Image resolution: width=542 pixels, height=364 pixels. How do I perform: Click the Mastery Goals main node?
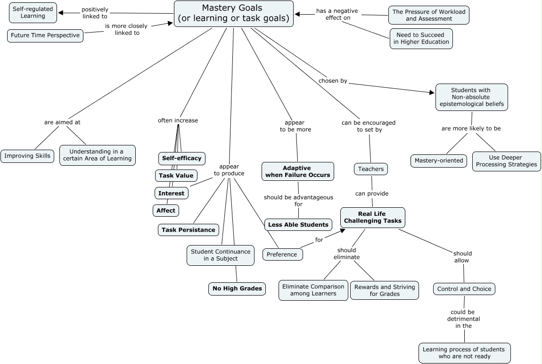tap(234, 14)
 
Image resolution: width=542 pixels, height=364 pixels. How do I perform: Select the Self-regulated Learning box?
tap(33, 13)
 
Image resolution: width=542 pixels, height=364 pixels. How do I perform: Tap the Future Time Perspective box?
tap(45, 35)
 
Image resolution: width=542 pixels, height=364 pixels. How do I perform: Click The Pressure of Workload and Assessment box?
tap(428, 15)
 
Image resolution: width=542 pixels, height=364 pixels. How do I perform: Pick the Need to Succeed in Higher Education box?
tap(421, 38)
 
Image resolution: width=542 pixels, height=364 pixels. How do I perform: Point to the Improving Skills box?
tap(27, 156)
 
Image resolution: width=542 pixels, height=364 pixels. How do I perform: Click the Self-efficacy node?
tap(182, 158)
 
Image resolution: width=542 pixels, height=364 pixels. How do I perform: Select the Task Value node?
tap(176, 176)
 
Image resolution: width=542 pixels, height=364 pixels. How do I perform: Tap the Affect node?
tap(166, 211)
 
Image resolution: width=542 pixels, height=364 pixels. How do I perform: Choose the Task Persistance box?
tap(189, 230)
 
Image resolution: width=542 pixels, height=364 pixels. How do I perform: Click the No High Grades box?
tap(237, 288)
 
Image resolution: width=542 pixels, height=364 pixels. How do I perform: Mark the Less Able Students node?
tap(298, 225)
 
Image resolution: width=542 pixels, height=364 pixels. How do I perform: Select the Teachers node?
tap(371, 169)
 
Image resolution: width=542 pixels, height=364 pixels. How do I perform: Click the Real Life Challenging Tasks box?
tap(373, 217)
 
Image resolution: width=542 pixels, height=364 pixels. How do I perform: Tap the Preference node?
tap(282, 254)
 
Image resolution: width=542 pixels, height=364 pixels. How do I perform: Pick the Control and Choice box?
tap(464, 289)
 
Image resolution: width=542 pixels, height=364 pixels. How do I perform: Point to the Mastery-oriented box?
tap(439, 161)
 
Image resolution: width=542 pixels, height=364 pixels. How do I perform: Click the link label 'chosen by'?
tap(333, 81)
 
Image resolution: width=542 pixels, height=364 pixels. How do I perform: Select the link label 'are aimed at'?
tap(62, 122)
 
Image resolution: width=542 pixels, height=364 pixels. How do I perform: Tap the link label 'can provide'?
tap(372, 193)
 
